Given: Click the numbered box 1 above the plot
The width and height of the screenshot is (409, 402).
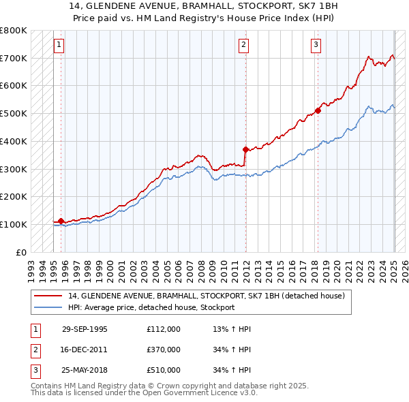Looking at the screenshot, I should tap(59, 46).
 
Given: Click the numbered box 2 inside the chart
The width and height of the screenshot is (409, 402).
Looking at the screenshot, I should tap(244, 46).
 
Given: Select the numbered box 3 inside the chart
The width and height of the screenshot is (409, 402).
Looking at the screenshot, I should tap(316, 46).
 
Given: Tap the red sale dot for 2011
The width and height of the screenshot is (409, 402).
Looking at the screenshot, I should tap(246, 149).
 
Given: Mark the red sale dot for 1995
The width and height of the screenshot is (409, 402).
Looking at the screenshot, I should tap(61, 221).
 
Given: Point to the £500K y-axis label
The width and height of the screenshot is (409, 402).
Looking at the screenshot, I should tap(14, 114).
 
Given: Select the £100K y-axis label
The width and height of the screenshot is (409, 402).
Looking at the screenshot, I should tap(14, 224).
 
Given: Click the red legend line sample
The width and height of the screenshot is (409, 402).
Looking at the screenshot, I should tap(48, 296).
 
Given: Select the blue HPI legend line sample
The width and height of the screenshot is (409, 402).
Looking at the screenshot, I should tap(48, 307).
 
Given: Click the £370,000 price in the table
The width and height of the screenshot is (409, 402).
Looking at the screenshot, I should tap(163, 350).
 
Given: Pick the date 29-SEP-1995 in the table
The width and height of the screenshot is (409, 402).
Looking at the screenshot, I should tap(85, 329).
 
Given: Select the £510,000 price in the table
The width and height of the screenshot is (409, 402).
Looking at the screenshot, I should tap(163, 370).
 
